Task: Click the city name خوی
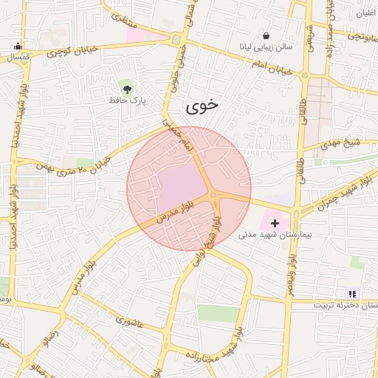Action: click(x=203, y=105)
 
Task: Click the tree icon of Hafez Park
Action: click(x=128, y=88)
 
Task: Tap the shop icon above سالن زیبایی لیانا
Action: click(x=266, y=35)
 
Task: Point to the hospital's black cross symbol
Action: click(x=276, y=222)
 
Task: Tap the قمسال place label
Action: click(x=15, y=56)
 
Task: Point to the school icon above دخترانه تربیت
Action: click(x=352, y=293)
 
